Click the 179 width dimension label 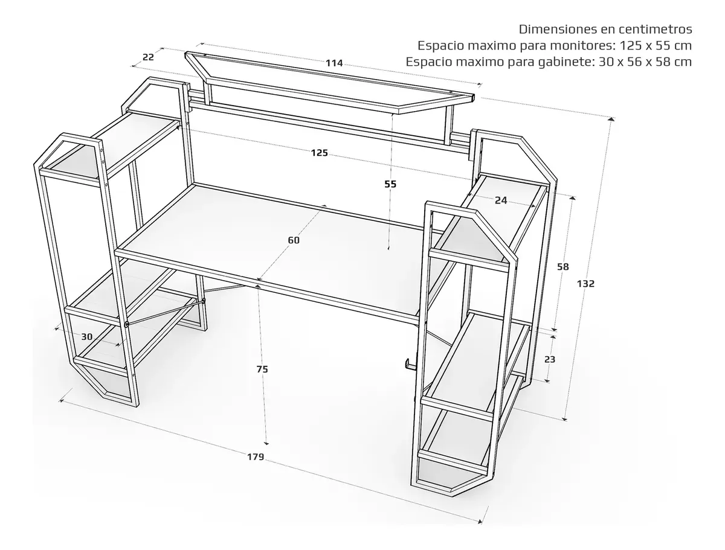click(256, 457)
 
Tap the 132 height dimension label click(585, 283)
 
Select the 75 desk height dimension click(262, 369)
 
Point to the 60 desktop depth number click(294, 240)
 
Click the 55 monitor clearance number click(390, 184)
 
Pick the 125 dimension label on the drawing click(320, 153)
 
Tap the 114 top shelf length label click(334, 63)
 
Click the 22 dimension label click(148, 57)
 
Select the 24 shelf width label click(501, 200)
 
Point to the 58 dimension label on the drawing click(563, 267)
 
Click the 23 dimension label click(550, 359)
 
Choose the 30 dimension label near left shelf click(87, 336)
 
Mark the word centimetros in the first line click(655, 30)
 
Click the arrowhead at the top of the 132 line click(611, 119)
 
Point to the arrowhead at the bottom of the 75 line click(267, 443)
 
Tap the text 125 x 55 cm click(656, 45)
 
